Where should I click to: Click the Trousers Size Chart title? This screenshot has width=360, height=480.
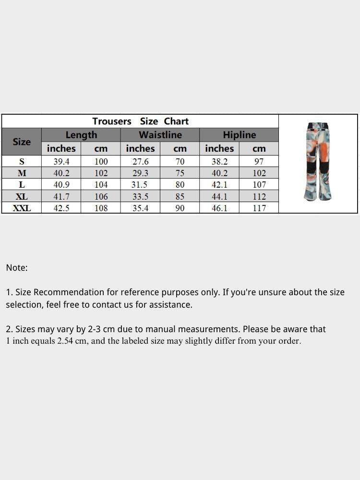(140, 121)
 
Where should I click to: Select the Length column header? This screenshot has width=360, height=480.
(81, 135)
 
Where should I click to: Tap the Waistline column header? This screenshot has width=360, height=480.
(160, 135)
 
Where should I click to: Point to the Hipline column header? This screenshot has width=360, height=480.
(239, 135)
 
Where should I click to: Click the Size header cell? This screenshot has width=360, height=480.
(22, 142)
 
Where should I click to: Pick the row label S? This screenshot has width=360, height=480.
(22, 162)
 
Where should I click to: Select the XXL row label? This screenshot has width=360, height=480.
(22, 208)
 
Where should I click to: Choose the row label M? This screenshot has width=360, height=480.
(22, 173)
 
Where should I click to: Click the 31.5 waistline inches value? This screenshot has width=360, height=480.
(141, 185)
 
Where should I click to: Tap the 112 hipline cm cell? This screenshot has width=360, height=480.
(259, 196)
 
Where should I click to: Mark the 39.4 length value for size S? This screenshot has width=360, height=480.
(61, 162)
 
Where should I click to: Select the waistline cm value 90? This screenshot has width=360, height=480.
(180, 208)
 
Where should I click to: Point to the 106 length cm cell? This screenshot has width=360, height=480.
(101, 196)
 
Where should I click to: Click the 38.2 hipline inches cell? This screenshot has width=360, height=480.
(219, 162)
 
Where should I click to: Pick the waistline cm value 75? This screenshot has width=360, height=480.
(180, 173)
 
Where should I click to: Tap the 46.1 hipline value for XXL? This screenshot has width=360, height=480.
(219, 208)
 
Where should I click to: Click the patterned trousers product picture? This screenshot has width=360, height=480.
(318, 162)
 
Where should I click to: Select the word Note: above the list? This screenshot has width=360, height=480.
(17, 268)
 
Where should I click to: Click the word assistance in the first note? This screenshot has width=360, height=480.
(170, 305)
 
